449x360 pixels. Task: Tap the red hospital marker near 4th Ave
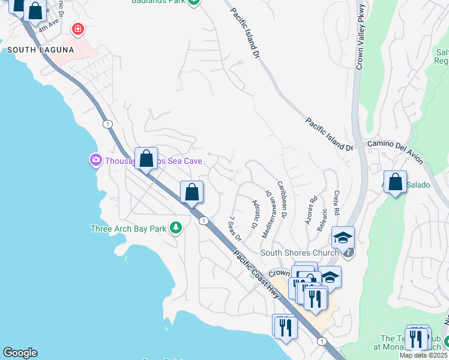pos(77,28)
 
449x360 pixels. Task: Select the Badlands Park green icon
pos(193,2)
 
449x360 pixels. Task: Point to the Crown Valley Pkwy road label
pos(360,36)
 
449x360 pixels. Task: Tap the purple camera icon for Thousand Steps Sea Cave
pos(95,160)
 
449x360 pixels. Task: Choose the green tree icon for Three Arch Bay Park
pos(175,228)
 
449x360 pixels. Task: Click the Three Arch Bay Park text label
pos(128,229)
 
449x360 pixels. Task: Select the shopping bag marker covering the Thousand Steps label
pos(146,159)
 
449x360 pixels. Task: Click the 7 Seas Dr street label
pos(235,228)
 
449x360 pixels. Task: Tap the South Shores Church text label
pos(299,253)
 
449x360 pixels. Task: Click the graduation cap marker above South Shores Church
pos(343,238)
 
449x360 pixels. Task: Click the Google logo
pos(20,353)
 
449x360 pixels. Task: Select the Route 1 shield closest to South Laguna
pos(107,124)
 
